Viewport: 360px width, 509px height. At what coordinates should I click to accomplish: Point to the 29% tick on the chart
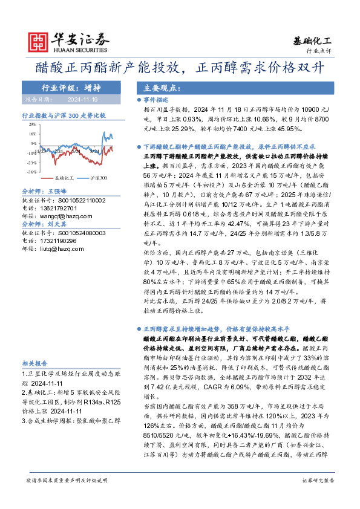click(x=32, y=125)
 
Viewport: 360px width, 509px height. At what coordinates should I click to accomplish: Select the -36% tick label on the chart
click(x=31, y=172)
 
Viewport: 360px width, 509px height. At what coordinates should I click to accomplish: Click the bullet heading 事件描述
click(x=158, y=102)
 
